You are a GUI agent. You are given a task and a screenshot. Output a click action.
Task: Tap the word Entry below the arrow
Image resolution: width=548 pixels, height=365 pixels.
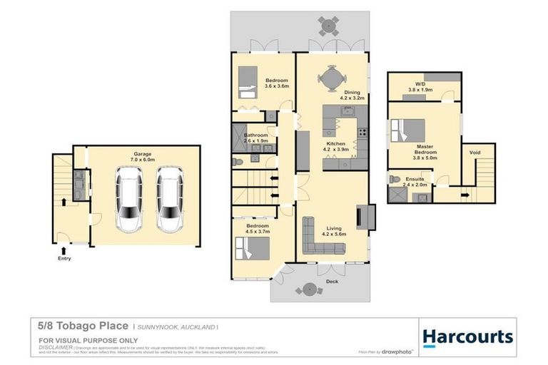[x=65, y=259]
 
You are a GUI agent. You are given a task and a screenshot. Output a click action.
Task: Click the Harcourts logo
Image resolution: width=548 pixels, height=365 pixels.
[x=468, y=336]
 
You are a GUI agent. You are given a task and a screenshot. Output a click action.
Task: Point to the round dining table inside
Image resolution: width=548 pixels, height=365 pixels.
[x=331, y=78]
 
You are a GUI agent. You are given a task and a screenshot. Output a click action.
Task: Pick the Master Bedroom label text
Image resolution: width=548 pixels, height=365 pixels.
[x=425, y=150]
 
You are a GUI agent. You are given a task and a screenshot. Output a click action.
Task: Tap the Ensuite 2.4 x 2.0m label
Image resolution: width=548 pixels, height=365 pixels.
[x=415, y=182]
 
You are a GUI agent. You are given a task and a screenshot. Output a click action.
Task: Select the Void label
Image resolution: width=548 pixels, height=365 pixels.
[x=475, y=153]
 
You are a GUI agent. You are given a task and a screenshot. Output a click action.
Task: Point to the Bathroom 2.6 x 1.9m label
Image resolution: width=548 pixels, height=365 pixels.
[x=255, y=138]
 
